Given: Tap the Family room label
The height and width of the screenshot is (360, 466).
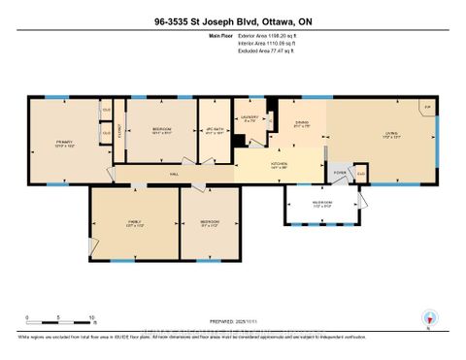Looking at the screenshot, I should (135, 222).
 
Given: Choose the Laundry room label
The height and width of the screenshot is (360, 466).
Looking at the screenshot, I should (249, 118).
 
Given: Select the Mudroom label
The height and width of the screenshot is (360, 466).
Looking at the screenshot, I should (320, 205).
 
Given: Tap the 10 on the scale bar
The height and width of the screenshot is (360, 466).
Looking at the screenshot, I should (91, 318).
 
